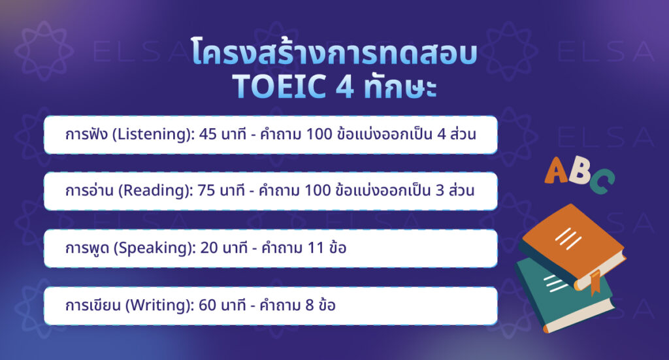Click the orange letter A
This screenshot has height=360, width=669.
[x=557, y=169]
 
